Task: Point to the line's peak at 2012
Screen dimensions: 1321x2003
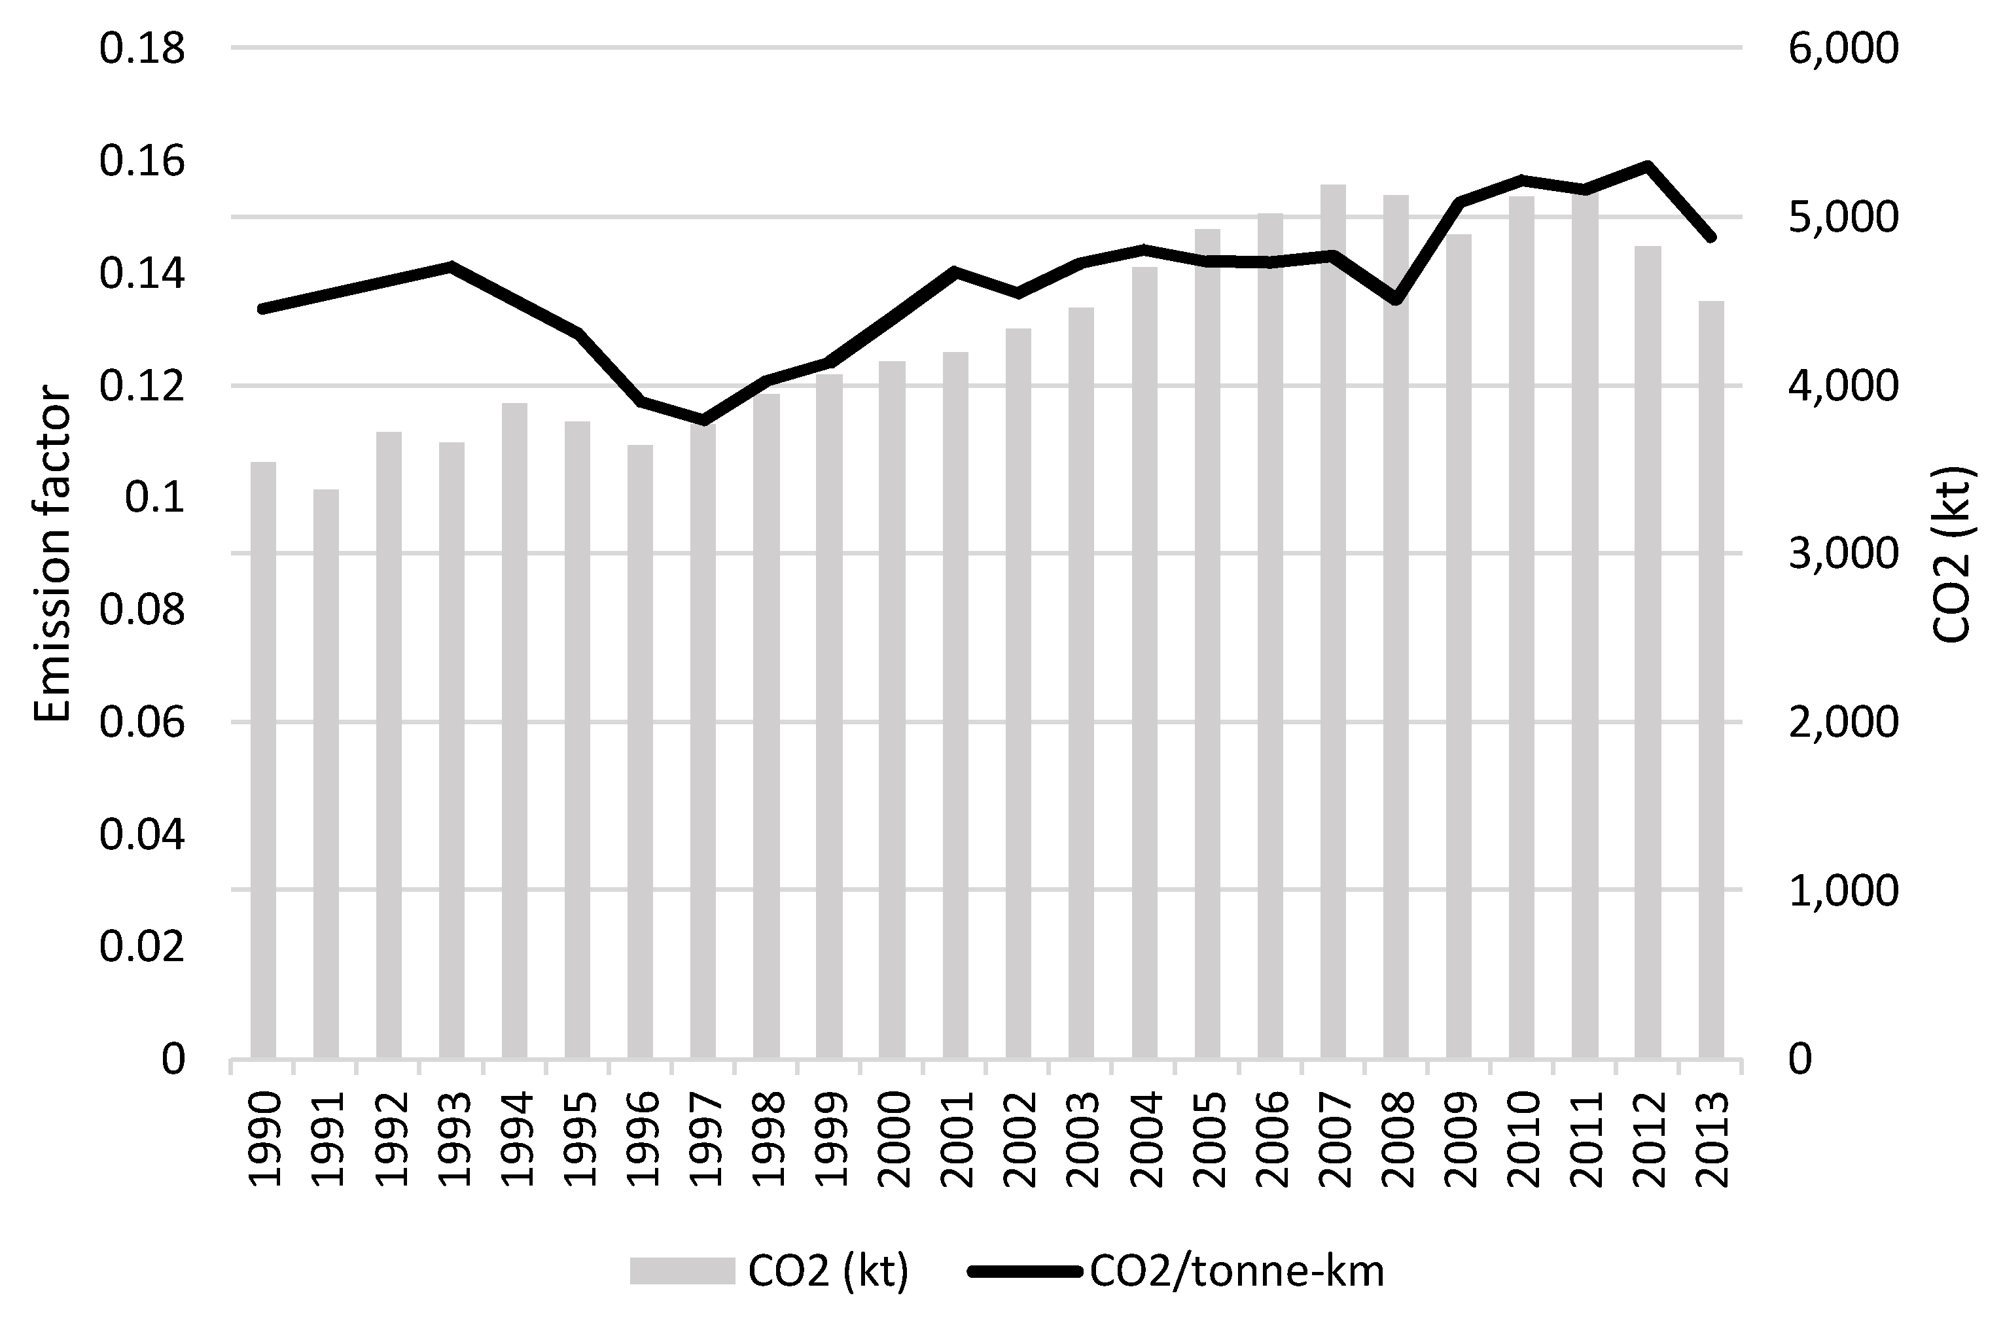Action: pyautogui.click(x=1648, y=165)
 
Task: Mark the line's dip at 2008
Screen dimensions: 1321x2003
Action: pyautogui.click(x=1396, y=300)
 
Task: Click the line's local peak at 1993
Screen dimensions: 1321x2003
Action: pyautogui.click(x=452, y=266)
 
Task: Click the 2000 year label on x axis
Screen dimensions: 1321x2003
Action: pyautogui.click(x=894, y=1140)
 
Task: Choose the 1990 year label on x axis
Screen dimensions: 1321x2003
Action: pyautogui.click(x=264, y=1140)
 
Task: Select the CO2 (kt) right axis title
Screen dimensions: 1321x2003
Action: pyautogui.click(x=1951, y=554)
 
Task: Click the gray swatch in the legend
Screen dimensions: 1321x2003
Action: pyautogui.click(x=682, y=1271)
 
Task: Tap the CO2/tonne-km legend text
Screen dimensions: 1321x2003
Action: pyautogui.click(x=1236, y=1271)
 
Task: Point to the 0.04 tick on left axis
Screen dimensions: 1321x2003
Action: pyautogui.click(x=141, y=834)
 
